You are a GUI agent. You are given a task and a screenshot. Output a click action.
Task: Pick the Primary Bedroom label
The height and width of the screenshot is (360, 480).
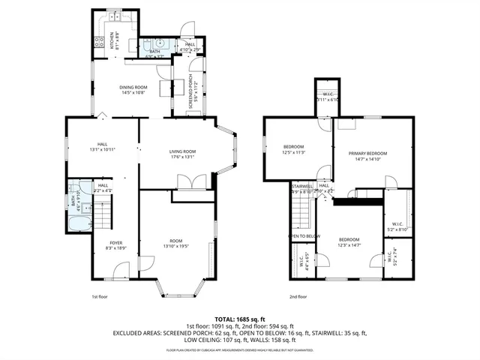click(x=364, y=155)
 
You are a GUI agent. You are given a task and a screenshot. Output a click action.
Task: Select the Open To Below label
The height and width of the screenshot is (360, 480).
click(x=304, y=236)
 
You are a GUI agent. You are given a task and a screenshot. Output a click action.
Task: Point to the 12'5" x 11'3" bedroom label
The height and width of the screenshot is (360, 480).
click(x=293, y=148)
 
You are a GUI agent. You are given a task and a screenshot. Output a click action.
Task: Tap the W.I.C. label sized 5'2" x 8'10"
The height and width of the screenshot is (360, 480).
click(x=397, y=226)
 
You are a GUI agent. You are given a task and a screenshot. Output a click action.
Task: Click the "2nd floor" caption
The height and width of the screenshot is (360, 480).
click(x=298, y=296)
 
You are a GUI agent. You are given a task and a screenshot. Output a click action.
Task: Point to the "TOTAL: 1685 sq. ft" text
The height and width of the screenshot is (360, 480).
click(x=240, y=319)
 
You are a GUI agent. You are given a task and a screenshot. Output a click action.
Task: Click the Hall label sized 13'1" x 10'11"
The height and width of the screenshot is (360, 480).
click(x=103, y=148)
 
